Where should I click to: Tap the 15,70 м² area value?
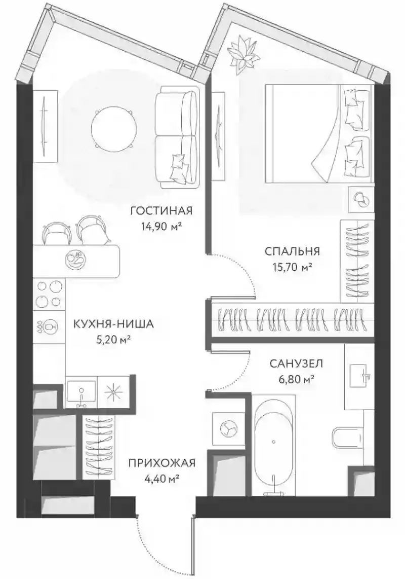pos(292,266)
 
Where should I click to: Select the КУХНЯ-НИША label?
pos(113,324)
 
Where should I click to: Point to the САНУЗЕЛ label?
pos(296,364)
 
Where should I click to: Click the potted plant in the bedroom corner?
pos(242,53)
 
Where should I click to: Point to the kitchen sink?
pos(81,392)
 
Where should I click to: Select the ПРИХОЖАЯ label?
pos(162,463)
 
